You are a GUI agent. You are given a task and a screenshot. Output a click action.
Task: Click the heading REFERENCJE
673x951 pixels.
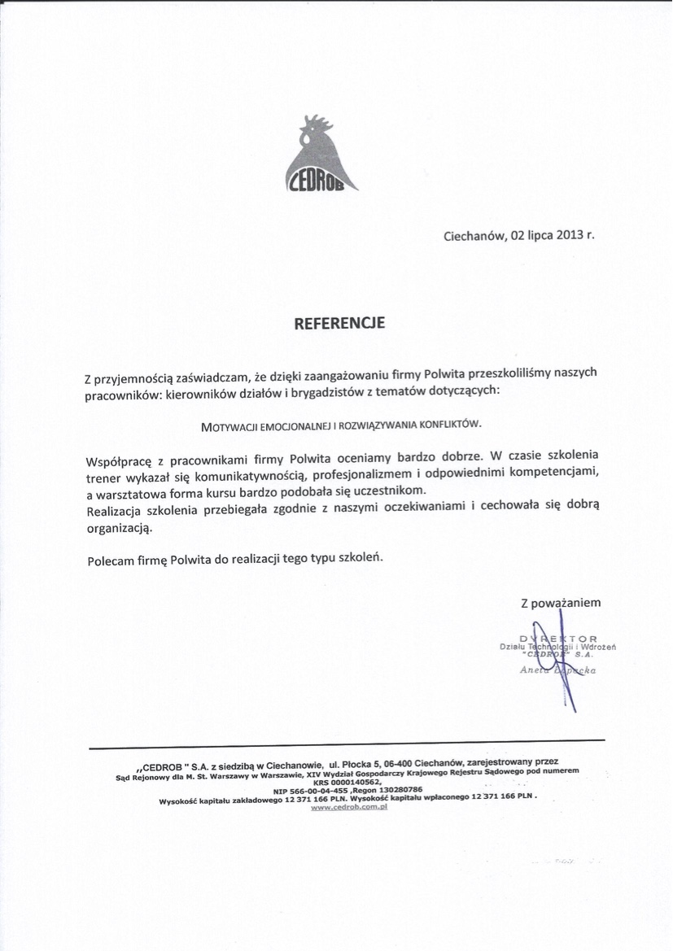[x=338, y=323]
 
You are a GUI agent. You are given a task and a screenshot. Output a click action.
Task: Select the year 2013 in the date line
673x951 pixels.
[x=570, y=238]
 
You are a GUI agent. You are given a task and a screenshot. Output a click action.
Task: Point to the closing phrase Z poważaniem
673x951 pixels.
[x=561, y=603]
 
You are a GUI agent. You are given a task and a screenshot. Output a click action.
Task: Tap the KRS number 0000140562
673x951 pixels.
[x=360, y=781]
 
